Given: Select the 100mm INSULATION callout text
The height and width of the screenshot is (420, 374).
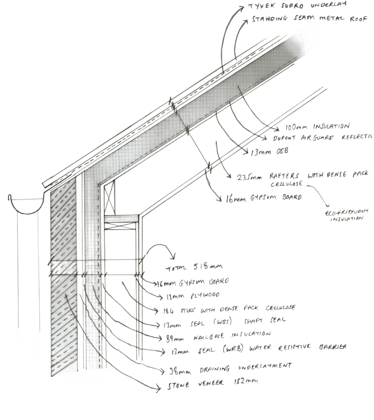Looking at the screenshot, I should [318, 127].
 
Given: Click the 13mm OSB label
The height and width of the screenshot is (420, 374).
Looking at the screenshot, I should [267, 151].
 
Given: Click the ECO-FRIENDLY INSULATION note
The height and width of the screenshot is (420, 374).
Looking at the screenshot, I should [344, 216].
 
